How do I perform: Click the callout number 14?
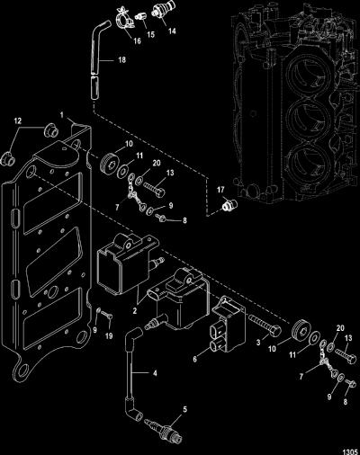[172, 31]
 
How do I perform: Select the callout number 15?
[151, 34]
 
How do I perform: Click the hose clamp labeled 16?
[124, 19]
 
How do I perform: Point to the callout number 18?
[121, 59]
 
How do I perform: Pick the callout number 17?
[220, 190]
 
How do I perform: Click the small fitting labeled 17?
[229, 205]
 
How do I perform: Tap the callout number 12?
[18, 120]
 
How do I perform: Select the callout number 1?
[62, 115]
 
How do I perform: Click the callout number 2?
[135, 311]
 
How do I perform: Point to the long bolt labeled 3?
[265, 325]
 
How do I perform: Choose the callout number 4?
[155, 373]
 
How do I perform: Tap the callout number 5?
[185, 409]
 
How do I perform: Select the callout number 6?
[195, 359]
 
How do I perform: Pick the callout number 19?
[109, 336]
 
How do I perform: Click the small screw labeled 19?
[106, 315]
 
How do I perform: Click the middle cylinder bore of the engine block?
[309, 115]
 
